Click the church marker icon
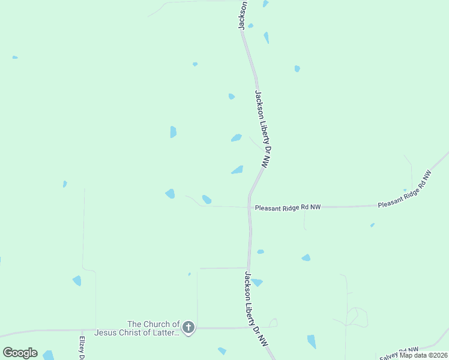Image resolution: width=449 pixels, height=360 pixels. pos(188,328)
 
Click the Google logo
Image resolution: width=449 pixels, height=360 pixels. pos(20,353)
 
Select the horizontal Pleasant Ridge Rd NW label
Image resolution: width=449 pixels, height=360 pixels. pos(288,208)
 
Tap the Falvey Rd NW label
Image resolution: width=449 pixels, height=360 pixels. pos(399,353)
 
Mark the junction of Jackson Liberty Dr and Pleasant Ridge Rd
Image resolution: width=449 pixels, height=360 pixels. pos(250,207)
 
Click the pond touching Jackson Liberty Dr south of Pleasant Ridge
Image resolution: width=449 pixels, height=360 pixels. pos(257,282)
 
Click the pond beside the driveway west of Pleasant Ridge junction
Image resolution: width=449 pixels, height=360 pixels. pos(206,199)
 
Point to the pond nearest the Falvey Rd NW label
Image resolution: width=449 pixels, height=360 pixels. pos(312,341)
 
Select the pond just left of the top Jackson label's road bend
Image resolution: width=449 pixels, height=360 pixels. pos(250,26)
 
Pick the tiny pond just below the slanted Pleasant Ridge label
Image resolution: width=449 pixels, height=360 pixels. pos(372,225)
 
